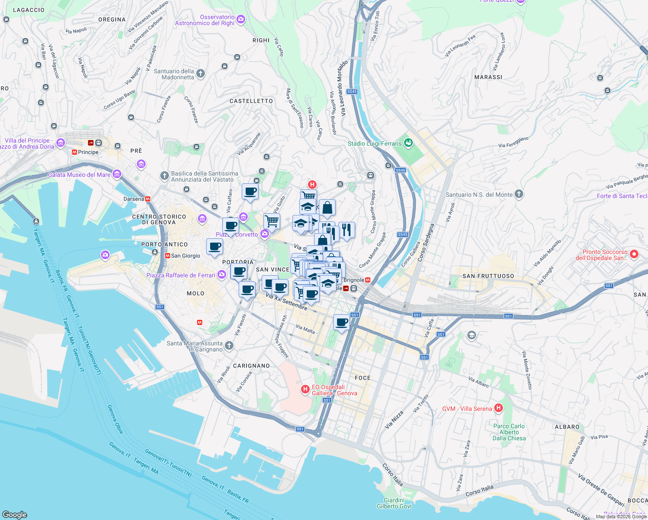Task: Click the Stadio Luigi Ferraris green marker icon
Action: [408, 143]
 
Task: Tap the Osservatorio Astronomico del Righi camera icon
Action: [241, 19]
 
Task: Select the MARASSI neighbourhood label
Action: [488, 77]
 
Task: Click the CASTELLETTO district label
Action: [251, 101]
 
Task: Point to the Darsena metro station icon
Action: [148, 199]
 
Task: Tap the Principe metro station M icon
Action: [75, 152]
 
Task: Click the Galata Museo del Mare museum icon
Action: [117, 174]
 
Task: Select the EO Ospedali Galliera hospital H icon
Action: [305, 390]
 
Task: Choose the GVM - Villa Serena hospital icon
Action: [499, 408]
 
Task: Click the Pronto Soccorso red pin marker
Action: [634, 254]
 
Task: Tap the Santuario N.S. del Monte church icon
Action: [519, 194]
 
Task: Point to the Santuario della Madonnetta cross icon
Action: [200, 73]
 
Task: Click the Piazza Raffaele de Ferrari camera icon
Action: [222, 275]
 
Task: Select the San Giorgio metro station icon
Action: [167, 256]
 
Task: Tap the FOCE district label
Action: [363, 378]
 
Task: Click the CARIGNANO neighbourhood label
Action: [251, 366]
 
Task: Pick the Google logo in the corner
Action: [15, 514]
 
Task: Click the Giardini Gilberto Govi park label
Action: [394, 503]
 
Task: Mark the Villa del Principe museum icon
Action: [61, 143]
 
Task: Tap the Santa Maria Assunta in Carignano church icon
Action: [229, 345]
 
